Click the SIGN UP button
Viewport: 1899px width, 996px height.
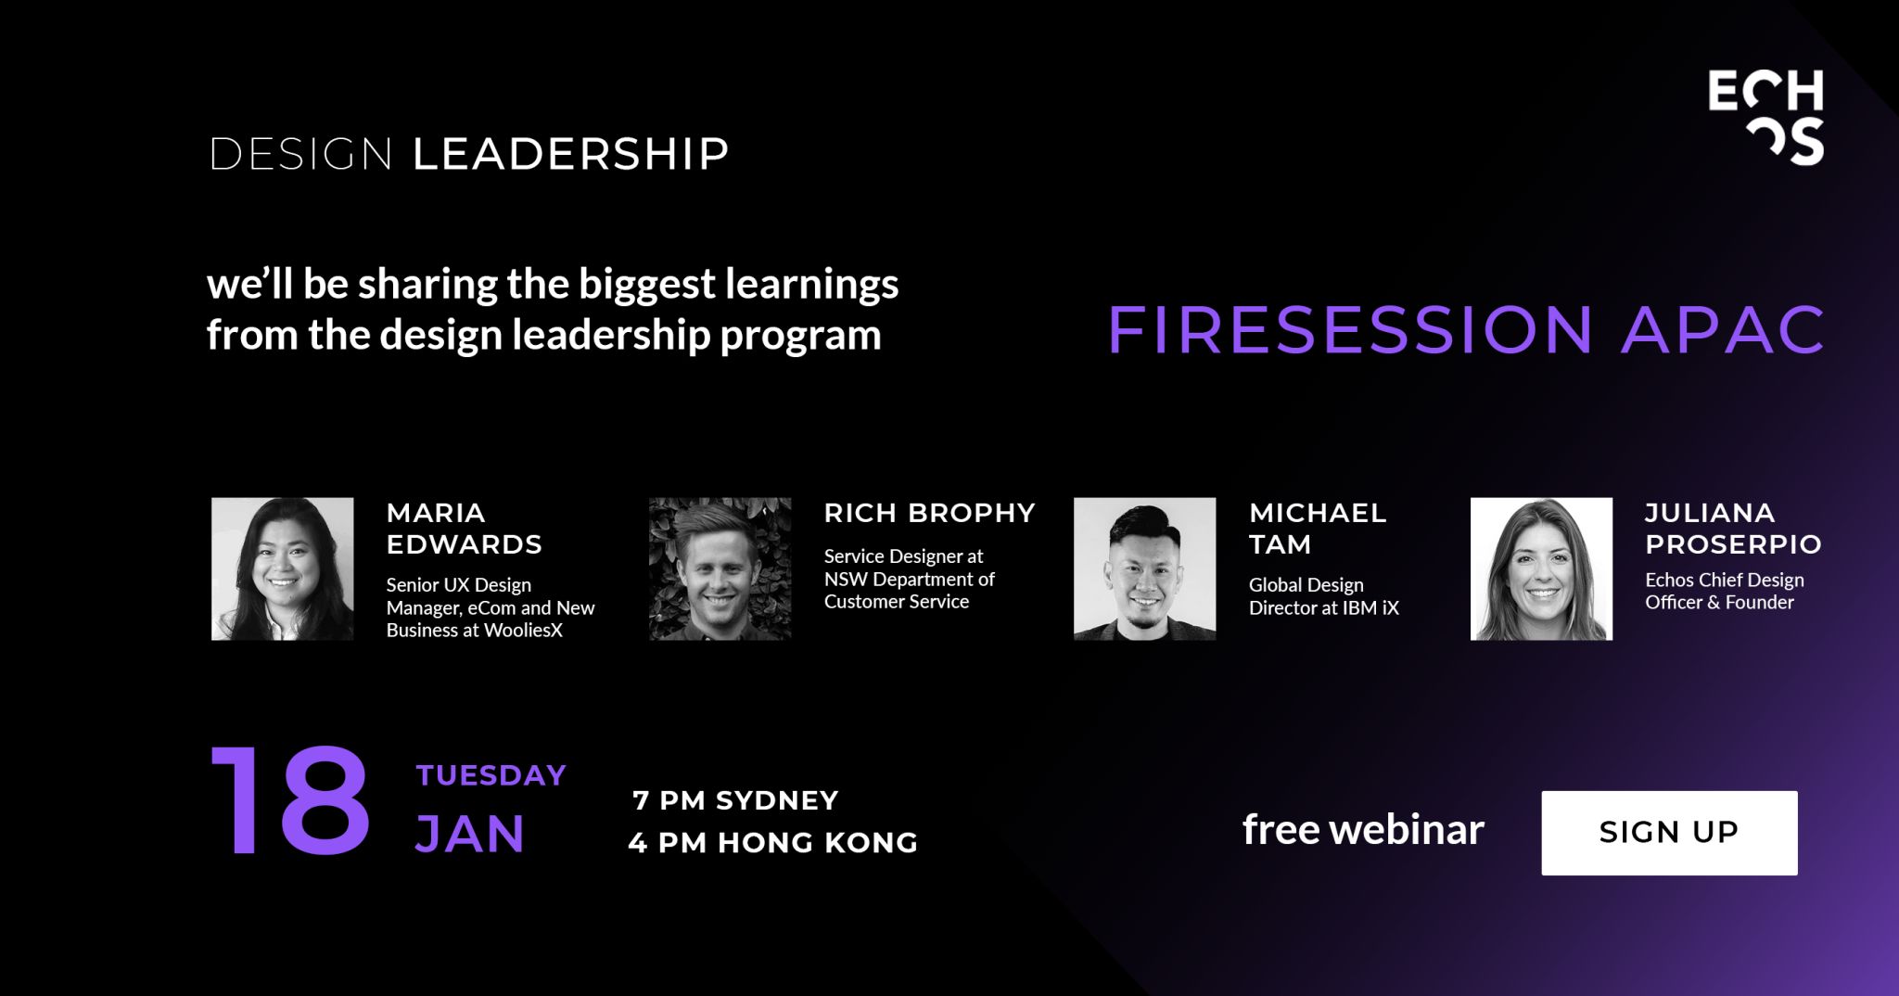[1669, 833]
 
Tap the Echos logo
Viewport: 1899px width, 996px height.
[1765, 117]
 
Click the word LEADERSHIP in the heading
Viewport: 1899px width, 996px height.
[570, 154]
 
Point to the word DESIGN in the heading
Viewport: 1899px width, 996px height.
[300, 154]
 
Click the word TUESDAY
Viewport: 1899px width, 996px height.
[491, 775]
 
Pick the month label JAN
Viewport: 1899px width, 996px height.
[470, 834]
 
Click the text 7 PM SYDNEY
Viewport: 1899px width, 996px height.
[735, 800]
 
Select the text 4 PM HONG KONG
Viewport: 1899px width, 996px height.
[772, 842]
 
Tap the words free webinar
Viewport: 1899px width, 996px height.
[1363, 830]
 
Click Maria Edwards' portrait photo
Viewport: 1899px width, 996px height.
[282, 568]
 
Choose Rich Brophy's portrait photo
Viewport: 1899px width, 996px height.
[720, 568]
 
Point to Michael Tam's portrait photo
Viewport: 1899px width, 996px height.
[1144, 568]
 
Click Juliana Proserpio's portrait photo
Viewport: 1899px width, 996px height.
[1541, 568]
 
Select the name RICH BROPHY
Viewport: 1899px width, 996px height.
[929, 513]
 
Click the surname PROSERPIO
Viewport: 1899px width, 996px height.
[1733, 544]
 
